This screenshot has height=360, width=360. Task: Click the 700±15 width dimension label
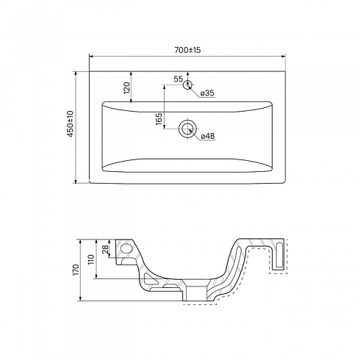click(x=187, y=50)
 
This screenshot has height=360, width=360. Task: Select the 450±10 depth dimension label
click(x=71, y=123)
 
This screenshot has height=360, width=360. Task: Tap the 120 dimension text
click(x=127, y=88)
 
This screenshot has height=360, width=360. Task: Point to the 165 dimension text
click(x=159, y=119)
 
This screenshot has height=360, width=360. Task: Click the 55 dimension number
click(x=179, y=79)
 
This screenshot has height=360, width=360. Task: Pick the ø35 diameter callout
click(x=207, y=93)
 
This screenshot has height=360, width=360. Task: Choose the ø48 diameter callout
click(x=208, y=136)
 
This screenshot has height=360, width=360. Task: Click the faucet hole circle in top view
click(x=187, y=84)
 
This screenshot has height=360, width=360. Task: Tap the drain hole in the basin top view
click(x=187, y=129)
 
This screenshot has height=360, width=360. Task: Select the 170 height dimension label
click(x=76, y=270)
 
